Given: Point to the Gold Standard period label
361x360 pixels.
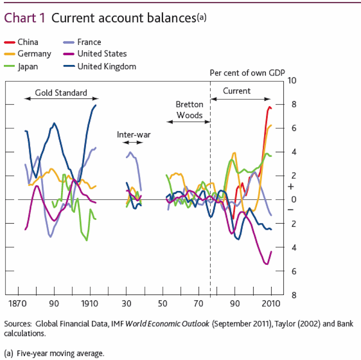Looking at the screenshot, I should point(61,93).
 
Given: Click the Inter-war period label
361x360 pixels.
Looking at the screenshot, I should point(133,135).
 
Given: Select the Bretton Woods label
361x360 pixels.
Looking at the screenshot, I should point(190,110).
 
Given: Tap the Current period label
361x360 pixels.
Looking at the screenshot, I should point(237,91).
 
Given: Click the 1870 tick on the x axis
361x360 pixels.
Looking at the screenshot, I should point(18,304).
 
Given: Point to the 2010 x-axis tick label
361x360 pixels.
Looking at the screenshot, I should point(270,304).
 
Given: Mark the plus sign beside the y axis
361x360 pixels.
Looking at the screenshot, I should point(291,187).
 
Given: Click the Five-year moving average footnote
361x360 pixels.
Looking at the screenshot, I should point(54,353).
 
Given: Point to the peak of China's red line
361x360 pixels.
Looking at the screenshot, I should point(269,107).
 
